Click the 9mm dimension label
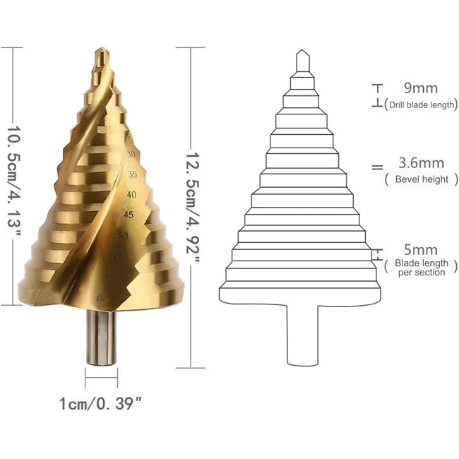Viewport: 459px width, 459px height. click(420, 89)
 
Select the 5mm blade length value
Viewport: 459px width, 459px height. click(421, 250)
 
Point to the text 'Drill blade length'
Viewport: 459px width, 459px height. click(420, 105)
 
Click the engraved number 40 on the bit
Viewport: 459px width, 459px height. click(131, 193)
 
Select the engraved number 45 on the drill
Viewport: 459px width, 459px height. click(129, 214)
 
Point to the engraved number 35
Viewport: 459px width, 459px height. click(133, 174)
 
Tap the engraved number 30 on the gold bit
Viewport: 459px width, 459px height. click(131, 154)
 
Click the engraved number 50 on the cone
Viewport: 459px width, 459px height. click(124, 234)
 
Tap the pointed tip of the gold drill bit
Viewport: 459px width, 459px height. click(101, 52)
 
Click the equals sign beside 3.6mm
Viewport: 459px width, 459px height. click(377, 167)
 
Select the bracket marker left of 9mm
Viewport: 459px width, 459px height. click(377, 96)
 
